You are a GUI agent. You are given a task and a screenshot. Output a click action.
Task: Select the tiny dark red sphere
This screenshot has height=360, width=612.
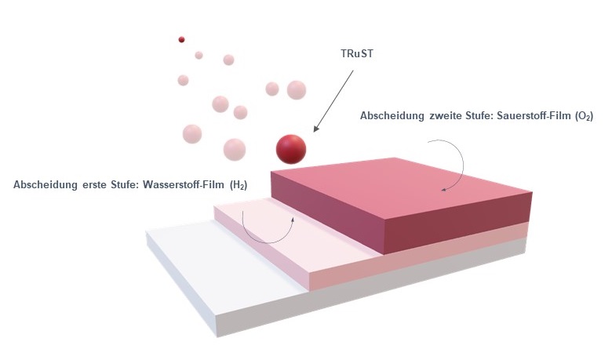181,39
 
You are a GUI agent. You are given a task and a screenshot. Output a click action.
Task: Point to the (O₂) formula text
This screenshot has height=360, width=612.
583,116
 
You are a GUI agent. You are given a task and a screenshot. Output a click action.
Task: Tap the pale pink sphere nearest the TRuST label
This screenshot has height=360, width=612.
296,90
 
